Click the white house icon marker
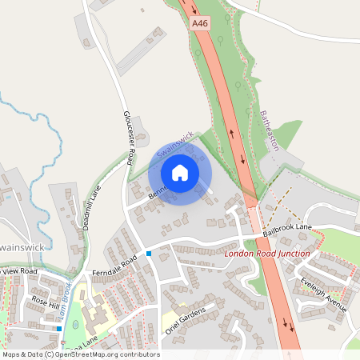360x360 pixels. tap(180, 172)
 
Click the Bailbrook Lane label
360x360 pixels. tap(286, 230)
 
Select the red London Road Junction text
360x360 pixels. tap(266, 254)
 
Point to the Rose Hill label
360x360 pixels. tap(46, 303)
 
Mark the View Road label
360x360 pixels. tap(21, 272)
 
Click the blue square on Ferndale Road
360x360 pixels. tap(149, 254)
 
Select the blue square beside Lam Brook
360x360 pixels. tap(59, 328)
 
